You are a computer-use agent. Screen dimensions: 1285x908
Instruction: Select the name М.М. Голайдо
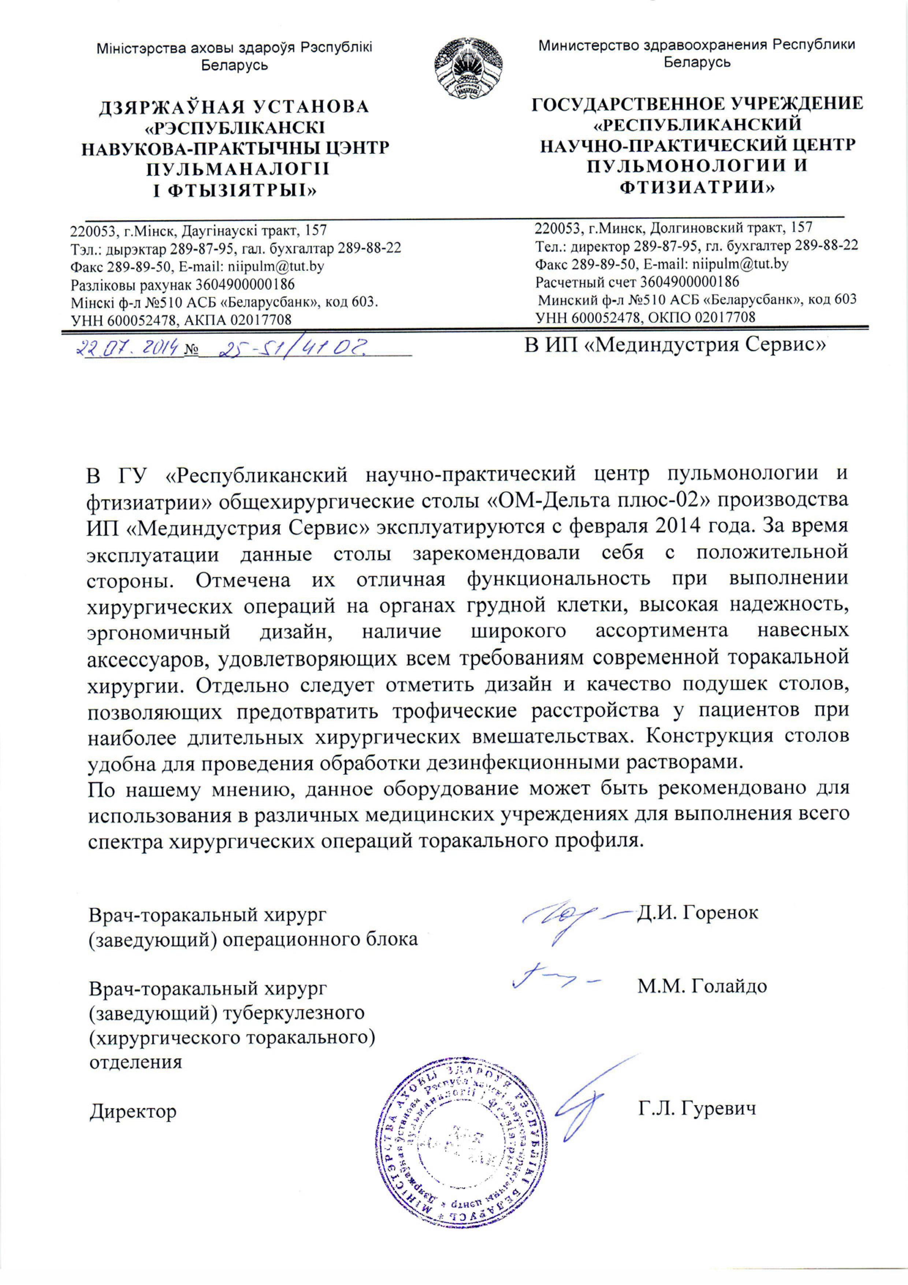pos(702,986)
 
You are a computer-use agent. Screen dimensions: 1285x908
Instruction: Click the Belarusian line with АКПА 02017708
pos(181,320)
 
